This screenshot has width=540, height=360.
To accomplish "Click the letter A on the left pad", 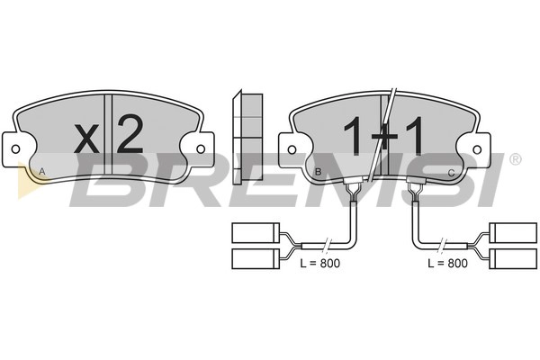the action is (x=42, y=171).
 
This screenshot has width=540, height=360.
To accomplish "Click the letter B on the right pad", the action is (x=319, y=172).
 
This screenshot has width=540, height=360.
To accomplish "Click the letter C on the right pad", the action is (x=451, y=173).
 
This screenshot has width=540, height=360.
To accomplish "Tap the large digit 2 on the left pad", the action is (x=130, y=134).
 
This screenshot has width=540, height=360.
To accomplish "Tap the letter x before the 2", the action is (x=86, y=139).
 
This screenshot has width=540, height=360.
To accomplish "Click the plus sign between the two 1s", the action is (x=384, y=137).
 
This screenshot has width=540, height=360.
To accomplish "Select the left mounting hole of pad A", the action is (x=15, y=149).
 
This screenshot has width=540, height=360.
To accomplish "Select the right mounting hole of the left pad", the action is (x=201, y=149).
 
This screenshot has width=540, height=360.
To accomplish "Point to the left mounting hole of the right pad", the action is (x=292, y=150).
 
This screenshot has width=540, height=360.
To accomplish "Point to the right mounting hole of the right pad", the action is (x=477, y=150).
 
